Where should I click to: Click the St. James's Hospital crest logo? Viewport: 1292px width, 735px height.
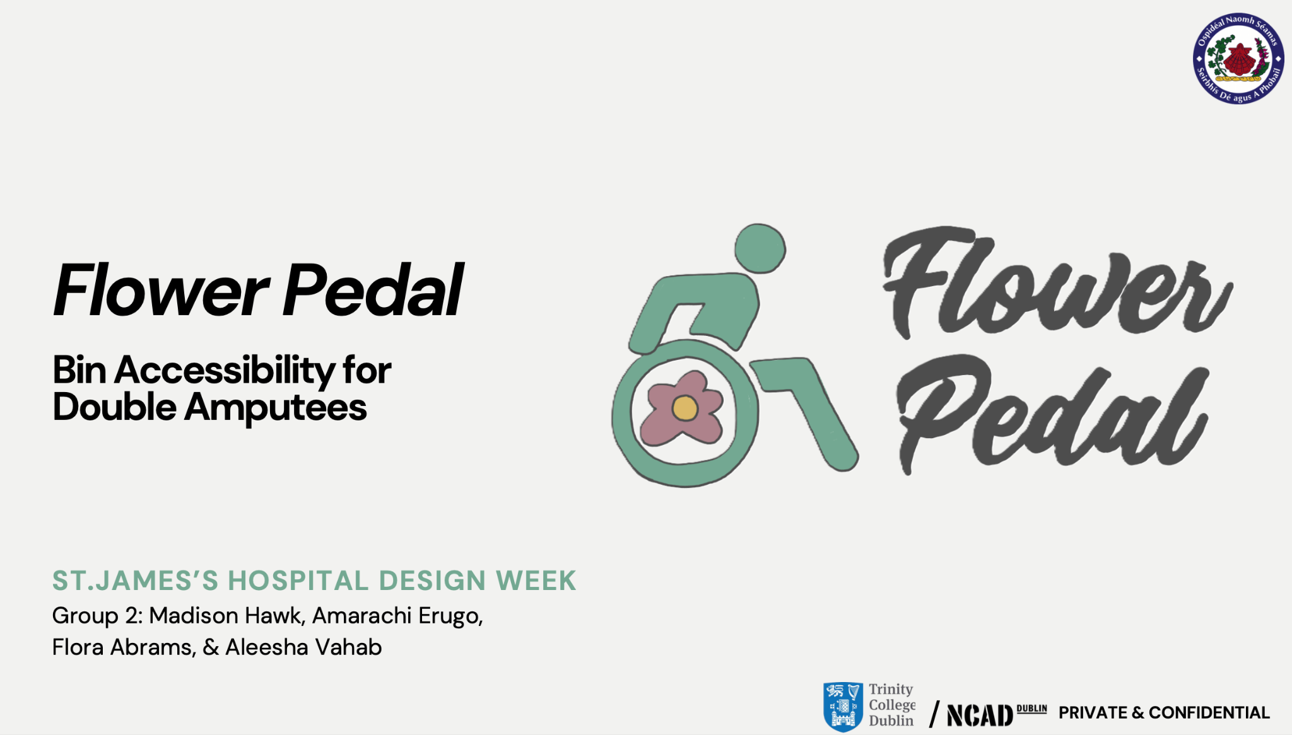[x=1238, y=58]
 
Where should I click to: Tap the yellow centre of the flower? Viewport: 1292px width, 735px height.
[x=684, y=408]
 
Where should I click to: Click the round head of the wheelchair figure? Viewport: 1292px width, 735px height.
[x=760, y=248]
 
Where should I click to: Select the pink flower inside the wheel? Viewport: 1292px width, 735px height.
[x=682, y=408]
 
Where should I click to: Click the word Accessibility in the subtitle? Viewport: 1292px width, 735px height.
[x=224, y=371]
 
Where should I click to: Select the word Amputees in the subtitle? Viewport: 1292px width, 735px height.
[x=275, y=408]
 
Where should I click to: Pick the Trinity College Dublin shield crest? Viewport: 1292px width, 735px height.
[x=843, y=707]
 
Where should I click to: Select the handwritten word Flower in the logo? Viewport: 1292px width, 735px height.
[x=1057, y=282]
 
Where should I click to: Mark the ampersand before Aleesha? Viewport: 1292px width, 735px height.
[x=211, y=647]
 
